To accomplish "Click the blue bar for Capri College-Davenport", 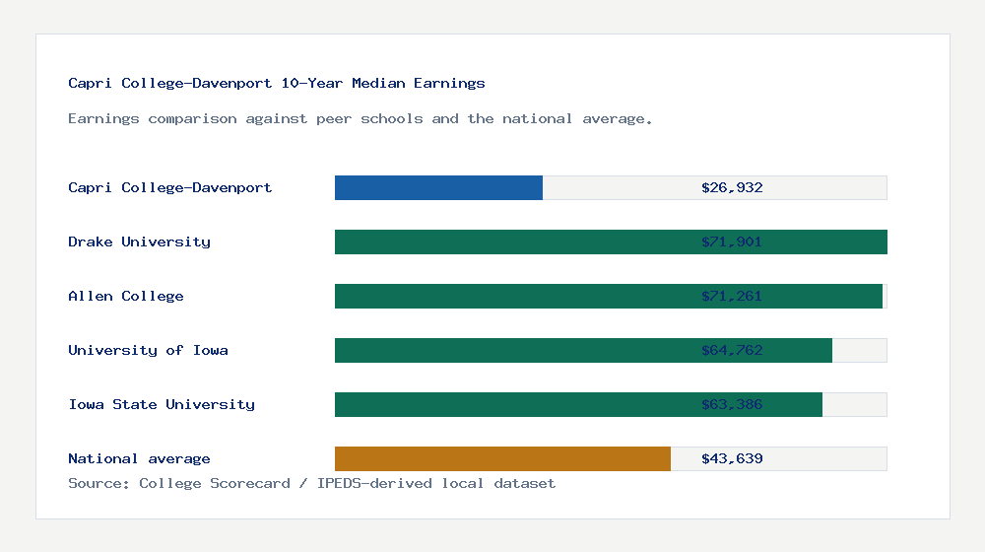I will tap(438, 187).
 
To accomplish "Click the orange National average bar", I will tap(502, 458).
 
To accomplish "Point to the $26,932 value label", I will tap(732, 187).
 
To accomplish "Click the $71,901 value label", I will tap(732, 241).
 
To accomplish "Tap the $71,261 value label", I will tap(732, 296).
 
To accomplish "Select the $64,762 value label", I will tap(732, 350).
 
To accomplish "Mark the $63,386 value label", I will tap(732, 404).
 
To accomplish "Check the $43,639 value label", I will tap(732, 458).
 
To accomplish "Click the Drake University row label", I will tap(139, 241).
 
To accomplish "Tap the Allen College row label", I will tap(126, 296).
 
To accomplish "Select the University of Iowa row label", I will tap(148, 350).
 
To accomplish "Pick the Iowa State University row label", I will tap(162, 404).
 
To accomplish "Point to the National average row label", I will tap(139, 458).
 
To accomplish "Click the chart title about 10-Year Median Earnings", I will tap(277, 83).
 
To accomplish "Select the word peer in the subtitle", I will tap(334, 118).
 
